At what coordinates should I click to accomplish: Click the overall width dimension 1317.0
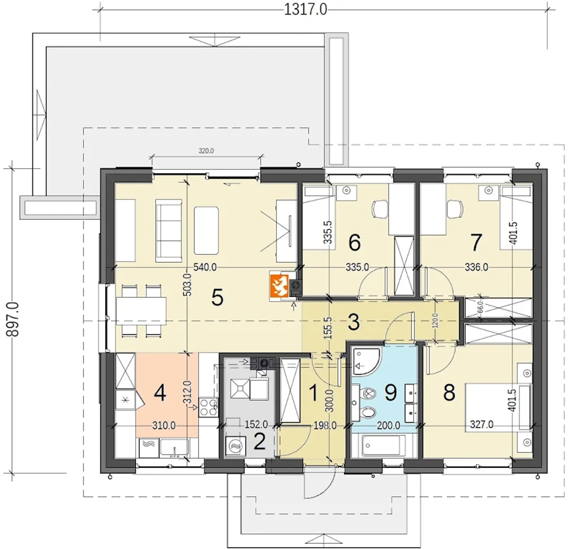(x=306, y=10)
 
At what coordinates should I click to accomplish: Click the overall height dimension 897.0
(x=13, y=320)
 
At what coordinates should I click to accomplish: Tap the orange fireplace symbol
(x=279, y=286)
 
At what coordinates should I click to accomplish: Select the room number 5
(x=217, y=298)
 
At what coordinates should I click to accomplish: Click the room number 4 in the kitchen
(x=160, y=393)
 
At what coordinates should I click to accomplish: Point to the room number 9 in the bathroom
(x=390, y=392)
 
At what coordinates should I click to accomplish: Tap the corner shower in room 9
(x=366, y=361)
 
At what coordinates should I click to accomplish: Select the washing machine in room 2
(x=236, y=446)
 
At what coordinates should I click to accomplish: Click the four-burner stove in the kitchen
(x=208, y=407)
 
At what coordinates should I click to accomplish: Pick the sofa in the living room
(x=169, y=230)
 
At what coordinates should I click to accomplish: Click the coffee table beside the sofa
(x=206, y=230)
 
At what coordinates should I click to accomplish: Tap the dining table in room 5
(x=141, y=311)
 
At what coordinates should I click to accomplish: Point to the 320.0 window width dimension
(x=206, y=151)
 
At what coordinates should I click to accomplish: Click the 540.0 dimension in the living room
(x=205, y=267)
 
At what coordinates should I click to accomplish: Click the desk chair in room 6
(x=380, y=209)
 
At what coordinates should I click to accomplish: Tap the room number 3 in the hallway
(x=354, y=322)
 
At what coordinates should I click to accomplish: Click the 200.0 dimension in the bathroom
(x=388, y=425)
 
